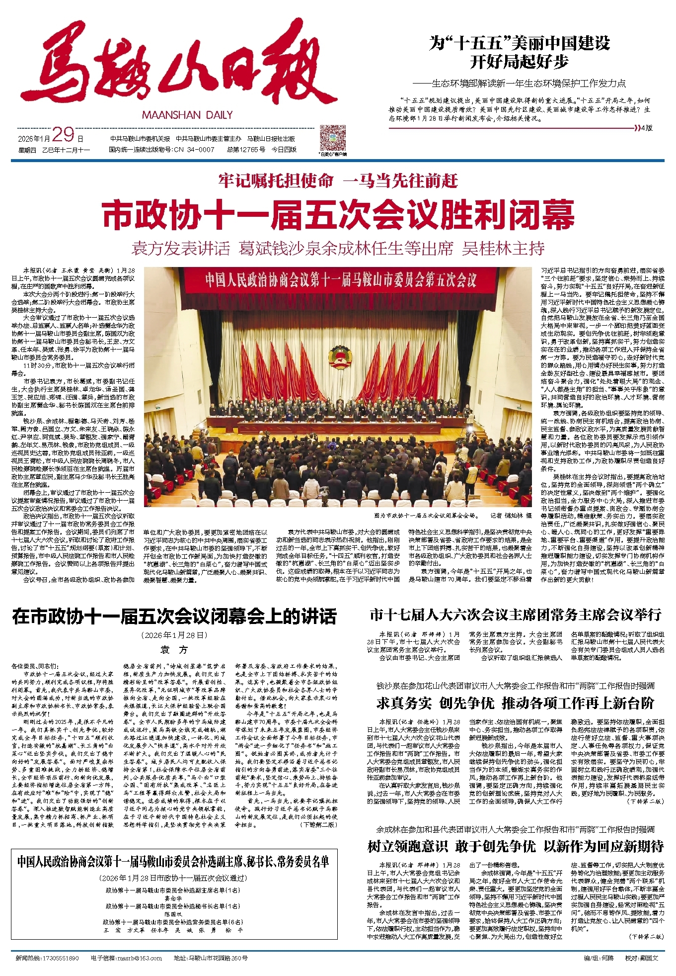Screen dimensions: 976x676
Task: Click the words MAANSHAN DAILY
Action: point(187,115)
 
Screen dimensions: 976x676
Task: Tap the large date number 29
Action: point(63,135)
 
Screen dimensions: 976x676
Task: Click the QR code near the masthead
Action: point(332,138)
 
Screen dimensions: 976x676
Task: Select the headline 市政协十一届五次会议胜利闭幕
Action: point(338,214)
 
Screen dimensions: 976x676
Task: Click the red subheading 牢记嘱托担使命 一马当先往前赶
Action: point(338,181)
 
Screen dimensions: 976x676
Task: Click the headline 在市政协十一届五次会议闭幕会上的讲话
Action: point(174,617)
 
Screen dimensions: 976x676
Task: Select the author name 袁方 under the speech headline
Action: point(174,650)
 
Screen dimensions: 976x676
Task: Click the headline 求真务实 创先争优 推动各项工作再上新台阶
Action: point(515,703)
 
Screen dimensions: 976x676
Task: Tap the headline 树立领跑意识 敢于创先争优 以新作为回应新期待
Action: point(515,846)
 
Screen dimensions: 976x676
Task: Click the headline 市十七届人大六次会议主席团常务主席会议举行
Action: point(515,615)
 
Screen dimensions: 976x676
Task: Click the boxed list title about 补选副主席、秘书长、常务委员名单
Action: point(173,862)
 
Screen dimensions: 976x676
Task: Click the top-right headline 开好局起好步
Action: point(519,62)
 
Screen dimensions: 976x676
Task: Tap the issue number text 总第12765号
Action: point(245,149)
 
